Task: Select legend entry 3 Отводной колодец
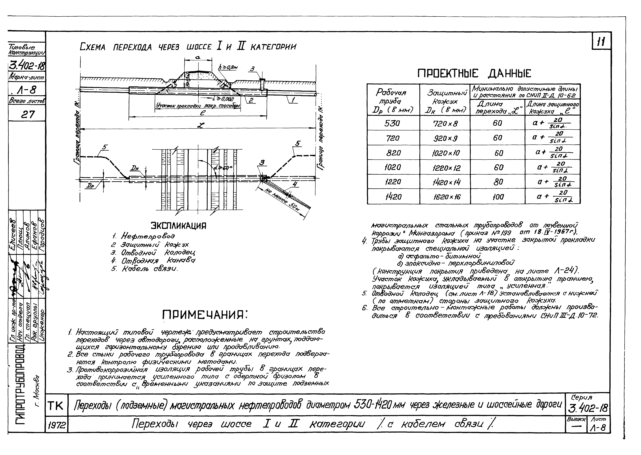pos(153,253)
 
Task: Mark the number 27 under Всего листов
pos(27,114)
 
